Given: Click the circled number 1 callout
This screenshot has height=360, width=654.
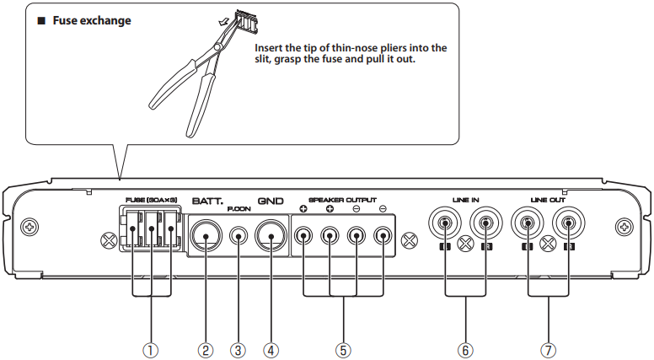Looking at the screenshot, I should point(152,347).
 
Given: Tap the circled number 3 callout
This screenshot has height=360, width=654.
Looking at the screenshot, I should point(240,347).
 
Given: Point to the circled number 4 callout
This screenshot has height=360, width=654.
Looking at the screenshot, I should point(271,347).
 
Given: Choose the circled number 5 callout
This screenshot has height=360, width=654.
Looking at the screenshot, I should point(344,347).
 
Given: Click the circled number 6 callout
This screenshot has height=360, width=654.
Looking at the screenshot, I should point(465,347).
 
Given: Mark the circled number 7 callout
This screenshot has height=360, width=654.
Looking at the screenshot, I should point(549,347).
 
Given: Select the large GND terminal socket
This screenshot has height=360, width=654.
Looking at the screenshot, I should point(271,238).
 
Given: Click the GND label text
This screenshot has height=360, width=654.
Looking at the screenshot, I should point(271,202).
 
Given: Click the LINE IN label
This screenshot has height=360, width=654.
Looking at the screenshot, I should point(465,200).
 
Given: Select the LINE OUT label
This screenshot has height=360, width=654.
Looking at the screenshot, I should point(549,200).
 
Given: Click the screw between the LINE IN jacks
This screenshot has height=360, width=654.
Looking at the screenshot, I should point(465,245).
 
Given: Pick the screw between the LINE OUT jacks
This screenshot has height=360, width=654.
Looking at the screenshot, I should point(549,245).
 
